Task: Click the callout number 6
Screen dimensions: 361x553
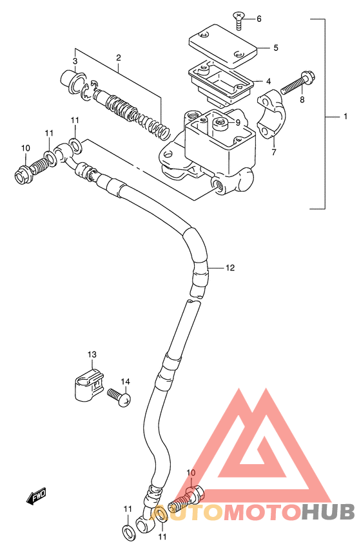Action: [259, 19]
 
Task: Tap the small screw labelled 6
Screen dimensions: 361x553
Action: [239, 18]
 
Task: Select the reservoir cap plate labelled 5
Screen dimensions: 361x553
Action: [223, 46]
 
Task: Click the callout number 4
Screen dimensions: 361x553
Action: [268, 82]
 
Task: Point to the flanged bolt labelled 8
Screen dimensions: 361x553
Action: [298, 83]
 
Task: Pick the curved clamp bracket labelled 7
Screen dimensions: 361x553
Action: [271, 113]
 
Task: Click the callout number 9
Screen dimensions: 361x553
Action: [238, 122]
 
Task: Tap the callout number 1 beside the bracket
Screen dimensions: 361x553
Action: [346, 116]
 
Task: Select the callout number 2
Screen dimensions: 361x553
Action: [119, 57]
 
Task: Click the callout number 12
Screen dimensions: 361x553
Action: [230, 268]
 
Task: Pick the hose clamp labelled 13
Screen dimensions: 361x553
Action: [89, 386]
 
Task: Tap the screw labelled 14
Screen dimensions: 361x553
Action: [119, 397]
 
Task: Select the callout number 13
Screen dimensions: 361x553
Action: [92, 354]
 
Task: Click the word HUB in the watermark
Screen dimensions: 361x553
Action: [329, 512]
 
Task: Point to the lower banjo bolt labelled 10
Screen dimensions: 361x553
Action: [186, 499]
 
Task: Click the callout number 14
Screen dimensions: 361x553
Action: [126, 381]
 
